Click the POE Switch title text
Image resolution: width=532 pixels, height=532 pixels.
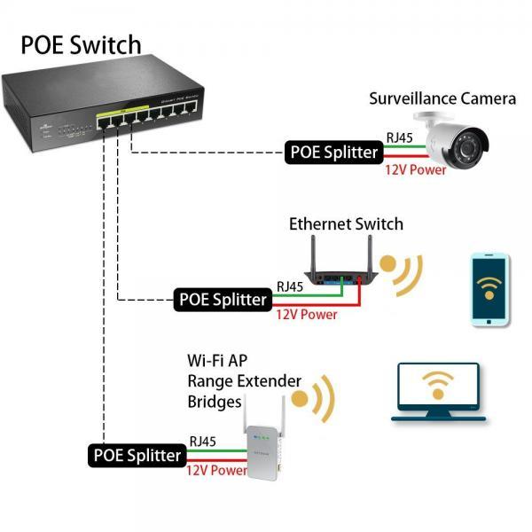pyautogui.click(x=81, y=44)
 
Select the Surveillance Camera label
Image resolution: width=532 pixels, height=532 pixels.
pyautogui.click(x=442, y=98)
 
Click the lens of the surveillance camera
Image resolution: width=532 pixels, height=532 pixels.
pyautogui.click(x=470, y=147)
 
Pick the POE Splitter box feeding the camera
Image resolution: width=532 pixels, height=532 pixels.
pyautogui.click(x=333, y=152)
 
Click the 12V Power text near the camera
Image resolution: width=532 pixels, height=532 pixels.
pyautogui.click(x=415, y=169)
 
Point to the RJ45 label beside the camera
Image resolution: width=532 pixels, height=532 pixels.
pyautogui.click(x=398, y=137)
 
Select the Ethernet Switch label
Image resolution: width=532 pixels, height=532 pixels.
pyautogui.click(x=346, y=224)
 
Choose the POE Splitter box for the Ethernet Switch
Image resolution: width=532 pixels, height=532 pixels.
pyautogui.click(x=223, y=299)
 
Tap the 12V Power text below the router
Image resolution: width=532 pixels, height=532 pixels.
pyautogui.click(x=306, y=314)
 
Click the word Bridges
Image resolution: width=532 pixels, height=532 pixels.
pyautogui.click(x=215, y=402)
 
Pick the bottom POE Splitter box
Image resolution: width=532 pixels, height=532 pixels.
pyautogui.click(x=137, y=456)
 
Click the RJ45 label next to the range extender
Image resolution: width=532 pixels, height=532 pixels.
pyautogui.click(x=203, y=441)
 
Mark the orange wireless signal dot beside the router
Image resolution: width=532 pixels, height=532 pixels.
pyautogui.click(x=388, y=264)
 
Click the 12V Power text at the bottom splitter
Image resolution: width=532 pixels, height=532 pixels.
pyautogui.click(x=216, y=471)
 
